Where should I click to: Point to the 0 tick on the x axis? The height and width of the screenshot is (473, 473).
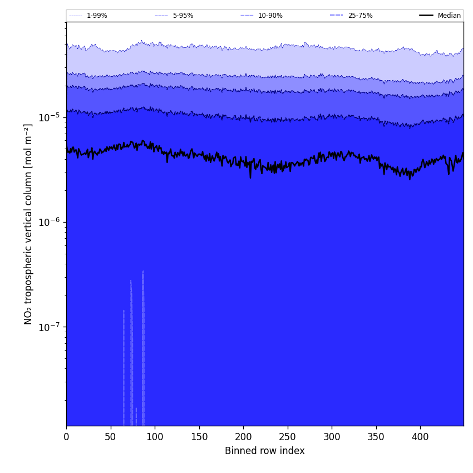pos(66,437)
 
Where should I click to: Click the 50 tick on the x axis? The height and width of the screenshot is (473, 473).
pos(111,437)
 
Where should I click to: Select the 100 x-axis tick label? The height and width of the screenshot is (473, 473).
pos(155,437)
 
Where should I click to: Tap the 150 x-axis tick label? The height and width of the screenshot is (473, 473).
pos(199,437)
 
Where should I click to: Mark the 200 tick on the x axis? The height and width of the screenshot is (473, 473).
pos(243,437)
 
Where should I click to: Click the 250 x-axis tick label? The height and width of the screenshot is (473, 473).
pos(288,437)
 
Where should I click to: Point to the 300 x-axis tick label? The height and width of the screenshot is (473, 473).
pos(332,437)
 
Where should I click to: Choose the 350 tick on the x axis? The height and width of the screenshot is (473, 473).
pos(376,437)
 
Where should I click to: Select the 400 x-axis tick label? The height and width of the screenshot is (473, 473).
pos(420,437)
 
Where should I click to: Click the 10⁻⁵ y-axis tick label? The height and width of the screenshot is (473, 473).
pos(50,117)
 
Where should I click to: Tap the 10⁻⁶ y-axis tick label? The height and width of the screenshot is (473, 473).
pos(50,222)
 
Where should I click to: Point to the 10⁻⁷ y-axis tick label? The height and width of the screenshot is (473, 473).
pos(50,327)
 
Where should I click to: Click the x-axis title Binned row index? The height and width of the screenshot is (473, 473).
pos(265,451)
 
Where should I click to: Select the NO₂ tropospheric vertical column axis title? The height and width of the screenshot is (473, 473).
pos(28,224)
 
